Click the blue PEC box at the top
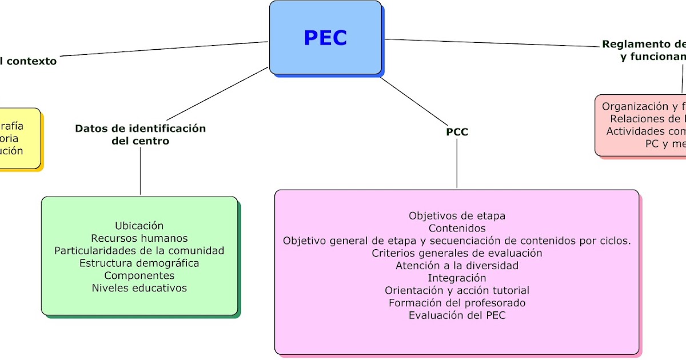pyautogui.click(x=325, y=38)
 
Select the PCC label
pyautogui.click(x=457, y=132)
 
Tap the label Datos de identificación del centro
pyautogui.click(x=140, y=134)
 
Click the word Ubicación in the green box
pyautogui.click(x=139, y=226)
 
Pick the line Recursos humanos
pyautogui.click(x=139, y=238)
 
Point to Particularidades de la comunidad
pyautogui.click(x=139, y=251)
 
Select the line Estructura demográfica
pyautogui.click(x=139, y=263)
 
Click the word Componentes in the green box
pyautogui.click(x=139, y=276)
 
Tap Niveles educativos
pyautogui.click(x=139, y=289)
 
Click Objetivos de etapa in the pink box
pyautogui.click(x=457, y=216)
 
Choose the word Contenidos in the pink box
pyautogui.click(x=457, y=229)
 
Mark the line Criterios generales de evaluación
pyautogui.click(x=457, y=253)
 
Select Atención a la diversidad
pyautogui.click(x=457, y=266)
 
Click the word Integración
pyautogui.click(x=457, y=278)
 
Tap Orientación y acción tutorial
pyautogui.click(x=457, y=291)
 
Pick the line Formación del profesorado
pyautogui.click(x=457, y=303)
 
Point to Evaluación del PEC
pyautogui.click(x=457, y=315)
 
